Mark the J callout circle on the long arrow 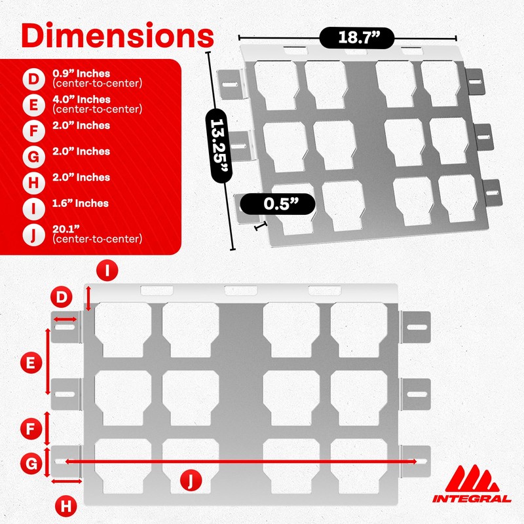tap(189, 481)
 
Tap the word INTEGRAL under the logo tap(472, 499)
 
